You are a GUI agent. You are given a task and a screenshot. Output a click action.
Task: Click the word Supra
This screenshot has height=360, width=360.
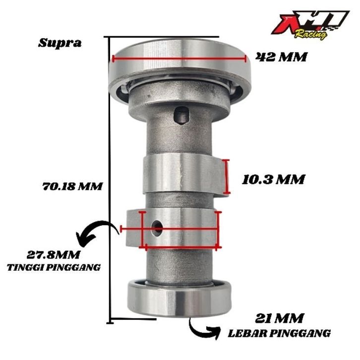(x=60, y=43)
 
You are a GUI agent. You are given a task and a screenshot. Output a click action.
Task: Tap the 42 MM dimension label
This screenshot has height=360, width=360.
(x=281, y=57)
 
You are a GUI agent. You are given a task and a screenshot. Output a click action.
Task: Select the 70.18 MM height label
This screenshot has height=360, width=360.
(x=72, y=186)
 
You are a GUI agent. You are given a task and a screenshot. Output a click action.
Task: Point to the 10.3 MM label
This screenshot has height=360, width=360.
(x=273, y=180)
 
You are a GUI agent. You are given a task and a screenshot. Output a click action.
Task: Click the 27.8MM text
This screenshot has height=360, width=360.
(x=53, y=255)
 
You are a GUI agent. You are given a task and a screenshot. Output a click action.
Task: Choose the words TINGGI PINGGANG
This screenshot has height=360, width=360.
(x=54, y=267)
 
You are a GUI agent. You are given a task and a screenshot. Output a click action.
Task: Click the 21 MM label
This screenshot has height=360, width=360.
(x=279, y=318)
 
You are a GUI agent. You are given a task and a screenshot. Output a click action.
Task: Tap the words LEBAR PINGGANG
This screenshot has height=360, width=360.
(x=279, y=333)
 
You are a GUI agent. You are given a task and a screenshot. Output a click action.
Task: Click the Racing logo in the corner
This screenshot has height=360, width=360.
(x=310, y=25)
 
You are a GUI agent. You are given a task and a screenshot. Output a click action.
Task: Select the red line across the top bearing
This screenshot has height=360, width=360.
(x=180, y=59)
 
